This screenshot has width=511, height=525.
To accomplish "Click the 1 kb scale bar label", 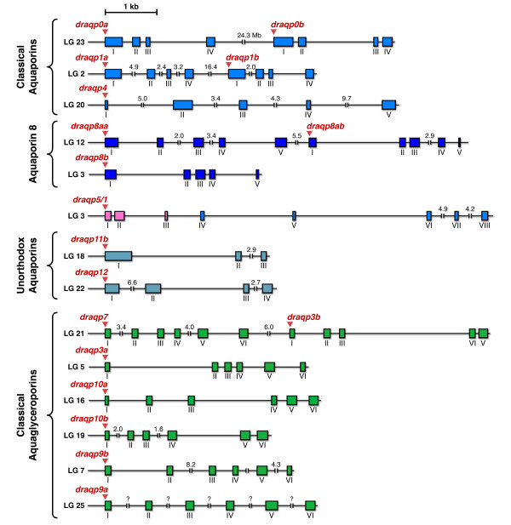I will click(x=131, y=7).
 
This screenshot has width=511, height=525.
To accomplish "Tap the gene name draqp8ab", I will click(x=326, y=126).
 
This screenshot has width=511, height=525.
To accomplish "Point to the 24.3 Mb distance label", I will click(x=249, y=35).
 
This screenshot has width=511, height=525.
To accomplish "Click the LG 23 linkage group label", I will click(x=75, y=41).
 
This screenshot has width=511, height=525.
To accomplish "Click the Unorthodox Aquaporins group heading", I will click(x=29, y=267).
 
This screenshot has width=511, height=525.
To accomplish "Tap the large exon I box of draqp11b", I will click(x=118, y=256).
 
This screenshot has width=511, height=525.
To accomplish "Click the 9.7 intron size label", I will click(x=347, y=99).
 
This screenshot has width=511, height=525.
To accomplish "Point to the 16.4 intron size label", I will click(x=210, y=66).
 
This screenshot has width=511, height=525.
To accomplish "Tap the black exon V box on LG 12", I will click(x=459, y=141).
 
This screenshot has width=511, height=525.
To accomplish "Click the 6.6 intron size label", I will click(x=132, y=282).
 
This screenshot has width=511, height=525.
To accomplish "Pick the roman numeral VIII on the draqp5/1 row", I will click(x=484, y=225).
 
